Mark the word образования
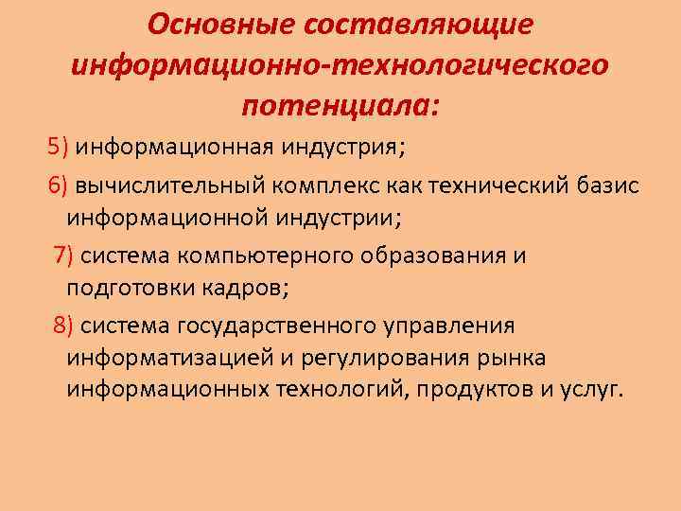(422, 255)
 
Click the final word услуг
(592, 390)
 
